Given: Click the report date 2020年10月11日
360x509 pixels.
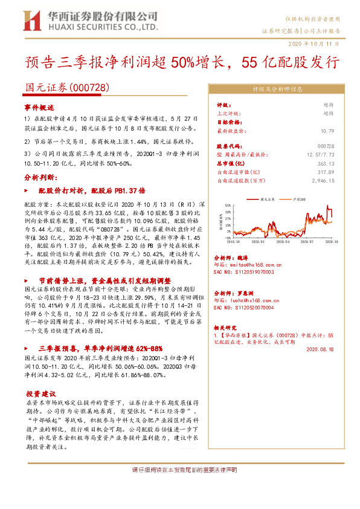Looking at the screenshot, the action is [x=318, y=44].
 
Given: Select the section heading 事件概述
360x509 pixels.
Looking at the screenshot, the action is [x=39, y=107].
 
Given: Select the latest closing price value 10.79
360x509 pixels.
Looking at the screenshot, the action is [x=327, y=131].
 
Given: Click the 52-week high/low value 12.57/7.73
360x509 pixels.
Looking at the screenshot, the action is [x=321, y=155].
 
